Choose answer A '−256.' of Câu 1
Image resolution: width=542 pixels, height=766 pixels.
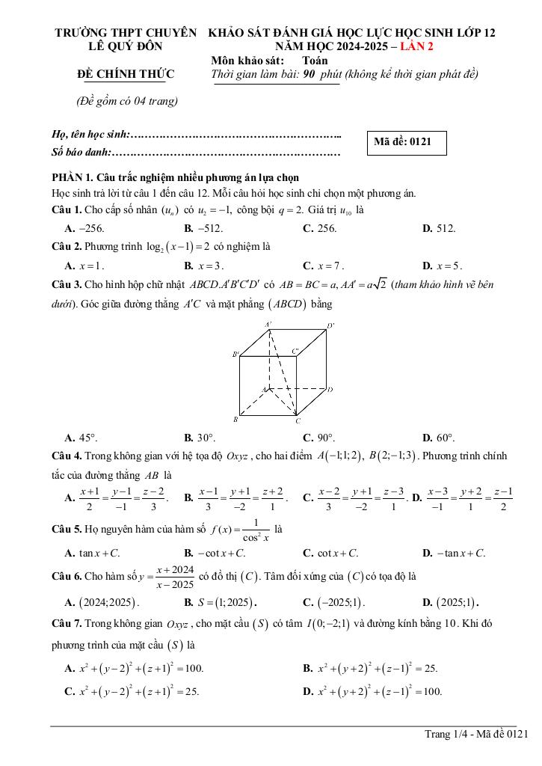[x=84, y=228]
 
